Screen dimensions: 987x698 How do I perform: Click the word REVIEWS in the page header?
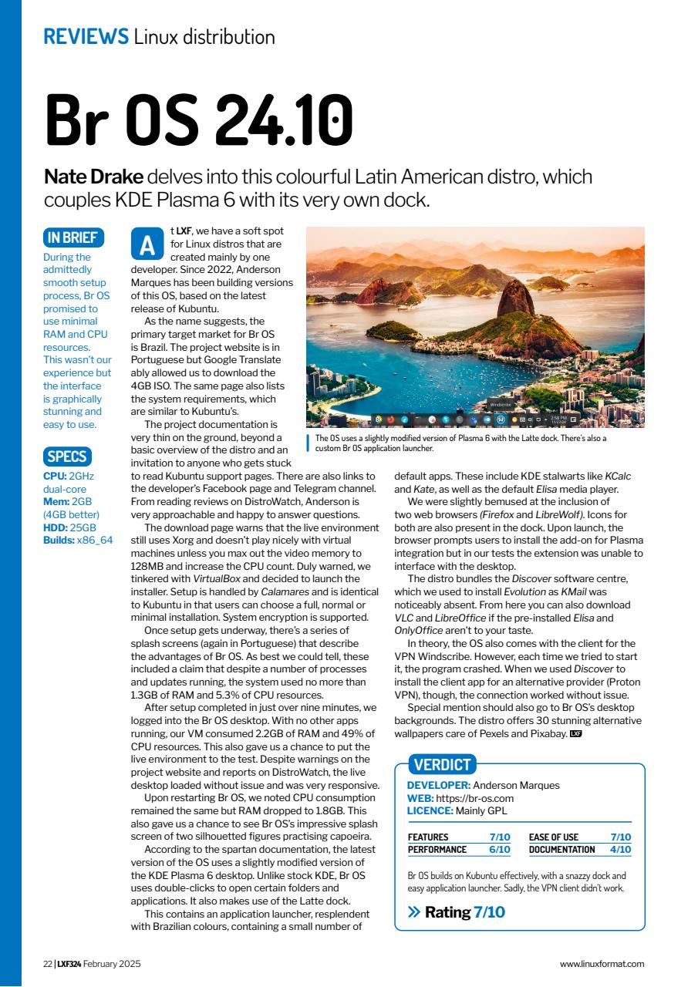tap(86, 36)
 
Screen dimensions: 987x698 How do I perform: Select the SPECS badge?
tap(67, 456)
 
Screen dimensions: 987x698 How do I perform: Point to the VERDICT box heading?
tap(442, 765)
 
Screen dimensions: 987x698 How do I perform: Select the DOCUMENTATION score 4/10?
tap(620, 850)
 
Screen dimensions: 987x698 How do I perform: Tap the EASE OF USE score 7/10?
tap(620, 837)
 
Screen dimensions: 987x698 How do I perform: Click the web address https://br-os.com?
tap(475, 798)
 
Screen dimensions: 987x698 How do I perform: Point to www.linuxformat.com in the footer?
tap(602, 964)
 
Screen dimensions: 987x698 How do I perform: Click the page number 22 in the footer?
tap(47, 964)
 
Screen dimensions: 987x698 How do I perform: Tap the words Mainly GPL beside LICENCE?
tap(482, 810)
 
